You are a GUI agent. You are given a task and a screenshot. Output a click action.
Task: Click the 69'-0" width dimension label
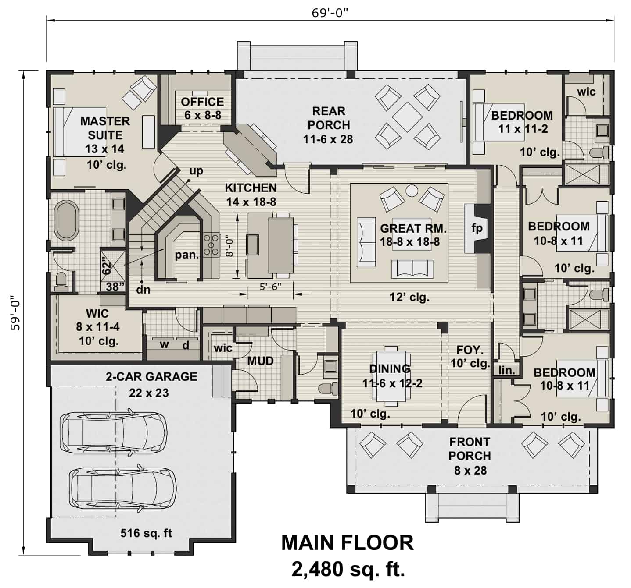[x=330, y=13]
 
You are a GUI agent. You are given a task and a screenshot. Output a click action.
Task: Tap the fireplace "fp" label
[x=477, y=228]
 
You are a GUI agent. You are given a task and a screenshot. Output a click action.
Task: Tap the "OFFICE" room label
[x=202, y=102]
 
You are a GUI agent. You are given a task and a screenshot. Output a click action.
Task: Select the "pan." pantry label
[x=187, y=255]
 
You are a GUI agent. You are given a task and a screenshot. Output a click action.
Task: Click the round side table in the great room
[x=412, y=191]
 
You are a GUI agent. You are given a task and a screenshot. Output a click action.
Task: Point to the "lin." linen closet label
[x=507, y=370]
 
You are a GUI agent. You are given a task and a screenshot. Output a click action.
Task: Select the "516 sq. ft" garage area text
[x=146, y=533]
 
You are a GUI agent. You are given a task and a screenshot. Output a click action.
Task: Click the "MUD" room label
[x=260, y=361]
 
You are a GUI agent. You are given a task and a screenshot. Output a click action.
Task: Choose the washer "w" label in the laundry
[x=164, y=345]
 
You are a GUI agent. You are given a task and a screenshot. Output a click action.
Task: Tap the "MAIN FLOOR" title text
[x=347, y=543]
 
